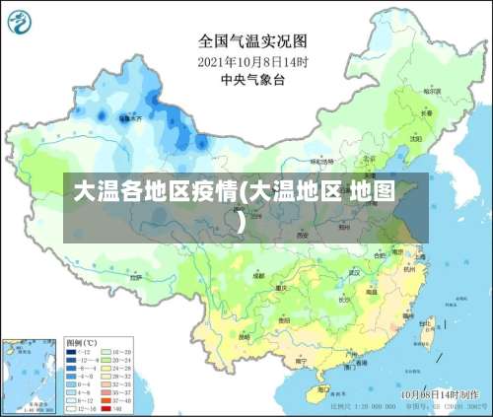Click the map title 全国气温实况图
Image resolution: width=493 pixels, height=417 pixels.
tap(252, 40)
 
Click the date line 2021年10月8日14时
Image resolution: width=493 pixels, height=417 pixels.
tap(253, 62)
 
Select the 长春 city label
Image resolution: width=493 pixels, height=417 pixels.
tap(426, 112)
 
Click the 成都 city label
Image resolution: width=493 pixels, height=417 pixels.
tap(257, 277)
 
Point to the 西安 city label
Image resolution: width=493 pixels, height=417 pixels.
tap(302, 236)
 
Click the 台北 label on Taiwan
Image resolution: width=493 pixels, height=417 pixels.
tap(426, 322)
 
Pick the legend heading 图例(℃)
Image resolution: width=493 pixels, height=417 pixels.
tap(80, 341)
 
